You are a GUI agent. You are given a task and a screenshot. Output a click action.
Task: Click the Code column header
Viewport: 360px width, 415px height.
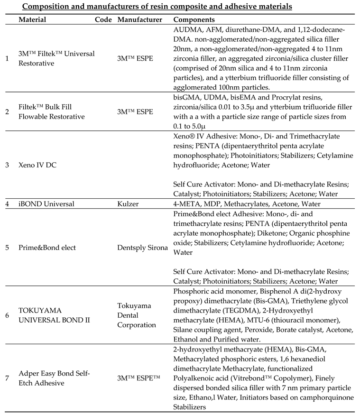point(103,20)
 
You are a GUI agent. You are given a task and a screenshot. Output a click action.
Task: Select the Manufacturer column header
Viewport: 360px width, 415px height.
point(139,20)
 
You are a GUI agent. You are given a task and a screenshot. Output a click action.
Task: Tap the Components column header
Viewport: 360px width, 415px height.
point(194,20)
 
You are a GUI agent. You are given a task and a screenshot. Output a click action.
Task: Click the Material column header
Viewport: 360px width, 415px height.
point(32,20)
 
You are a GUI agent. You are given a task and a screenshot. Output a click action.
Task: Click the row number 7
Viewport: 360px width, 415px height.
point(7,378)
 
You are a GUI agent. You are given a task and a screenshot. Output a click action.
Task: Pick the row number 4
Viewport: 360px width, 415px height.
point(7,204)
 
